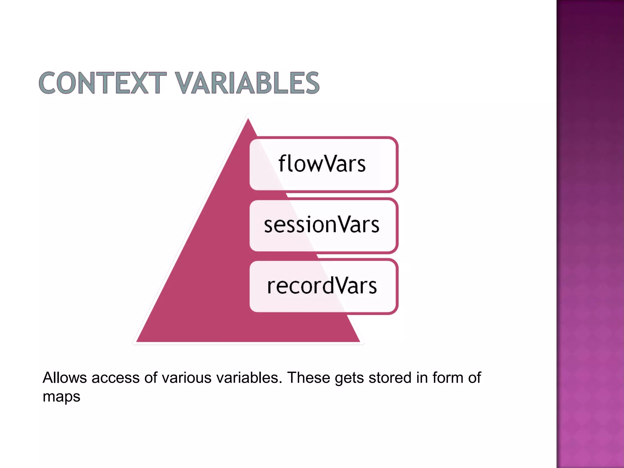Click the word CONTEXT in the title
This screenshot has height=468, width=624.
tap(102, 83)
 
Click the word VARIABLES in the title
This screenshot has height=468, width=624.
tap(247, 83)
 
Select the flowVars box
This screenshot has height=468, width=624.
tap(323, 164)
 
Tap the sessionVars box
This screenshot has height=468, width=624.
tap(323, 225)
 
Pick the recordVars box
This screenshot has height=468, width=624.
tap(323, 286)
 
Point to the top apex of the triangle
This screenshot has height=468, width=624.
tap(248, 119)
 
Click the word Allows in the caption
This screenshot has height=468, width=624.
tap(65, 378)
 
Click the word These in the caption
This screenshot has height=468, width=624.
tap(308, 378)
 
